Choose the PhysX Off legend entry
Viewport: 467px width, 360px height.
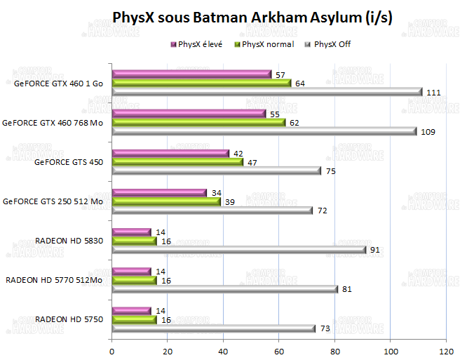[328, 44]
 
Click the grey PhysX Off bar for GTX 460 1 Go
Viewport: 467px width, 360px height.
[266, 92]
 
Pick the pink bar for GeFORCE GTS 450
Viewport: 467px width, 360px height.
[170, 153]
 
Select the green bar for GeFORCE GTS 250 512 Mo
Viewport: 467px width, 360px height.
[166, 201]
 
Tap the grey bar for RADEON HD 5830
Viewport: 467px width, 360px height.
[238, 249]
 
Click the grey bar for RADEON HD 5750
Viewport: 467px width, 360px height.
[213, 328]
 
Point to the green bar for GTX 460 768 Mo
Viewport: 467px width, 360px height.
[198, 122]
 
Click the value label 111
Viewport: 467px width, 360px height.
[433, 92]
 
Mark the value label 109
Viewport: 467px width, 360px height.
[428, 131]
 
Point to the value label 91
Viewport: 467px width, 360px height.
[375, 249]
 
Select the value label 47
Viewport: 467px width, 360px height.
[252, 162]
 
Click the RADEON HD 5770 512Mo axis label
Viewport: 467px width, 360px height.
[55, 280]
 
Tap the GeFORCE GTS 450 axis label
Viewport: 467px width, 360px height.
[69, 162]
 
